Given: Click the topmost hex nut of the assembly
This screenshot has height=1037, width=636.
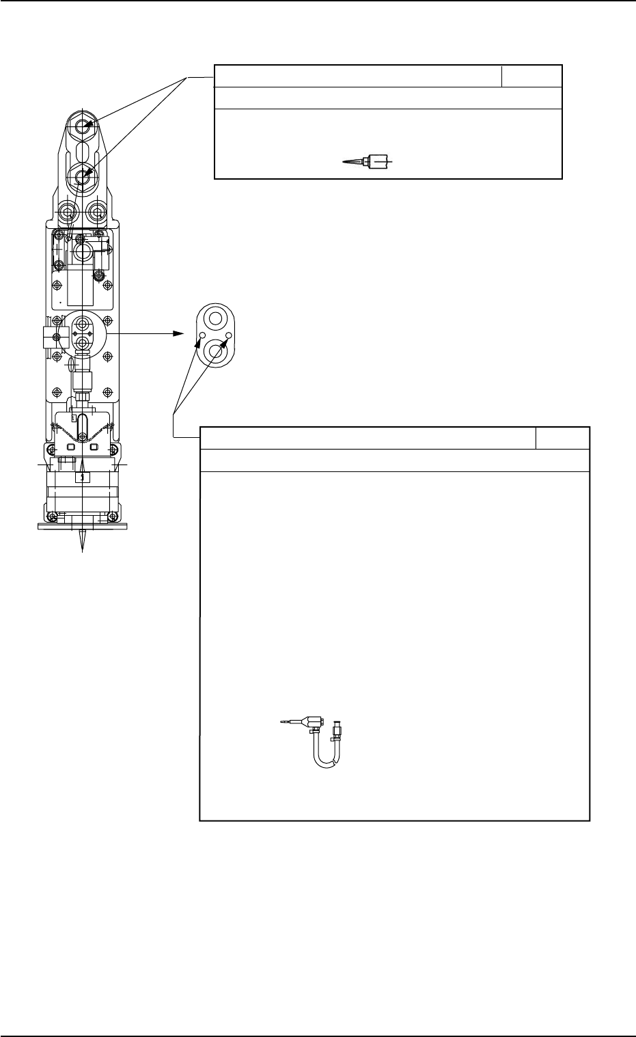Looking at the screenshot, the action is [x=83, y=126].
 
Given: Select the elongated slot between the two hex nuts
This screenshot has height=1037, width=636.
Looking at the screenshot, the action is [x=83, y=151].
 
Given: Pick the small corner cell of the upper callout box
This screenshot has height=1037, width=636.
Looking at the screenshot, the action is [x=531, y=76].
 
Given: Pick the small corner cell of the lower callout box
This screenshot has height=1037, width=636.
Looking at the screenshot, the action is [x=562, y=438].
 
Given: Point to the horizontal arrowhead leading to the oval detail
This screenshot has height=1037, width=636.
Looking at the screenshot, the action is [x=178, y=334].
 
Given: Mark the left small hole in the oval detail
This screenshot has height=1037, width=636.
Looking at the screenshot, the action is [x=202, y=335].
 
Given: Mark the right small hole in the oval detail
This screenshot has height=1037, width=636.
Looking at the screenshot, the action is [x=230, y=335].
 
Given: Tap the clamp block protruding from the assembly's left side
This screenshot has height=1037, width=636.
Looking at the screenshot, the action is [x=47, y=335].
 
